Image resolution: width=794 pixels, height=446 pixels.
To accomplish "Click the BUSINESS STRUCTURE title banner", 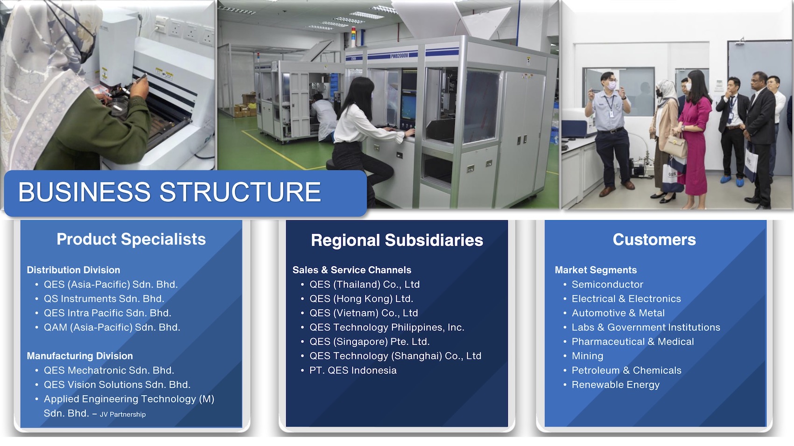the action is (185, 193).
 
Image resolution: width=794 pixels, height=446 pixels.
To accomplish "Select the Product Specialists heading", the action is (131, 239).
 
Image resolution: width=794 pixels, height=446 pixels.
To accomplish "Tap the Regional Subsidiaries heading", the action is (397, 240).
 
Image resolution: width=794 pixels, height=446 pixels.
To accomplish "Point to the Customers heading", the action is (654, 240).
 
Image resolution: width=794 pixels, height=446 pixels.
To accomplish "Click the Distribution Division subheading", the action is (73, 270).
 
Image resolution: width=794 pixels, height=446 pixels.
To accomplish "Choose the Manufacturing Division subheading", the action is (80, 356).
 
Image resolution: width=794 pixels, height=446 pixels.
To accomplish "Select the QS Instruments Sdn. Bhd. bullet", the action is (104, 299).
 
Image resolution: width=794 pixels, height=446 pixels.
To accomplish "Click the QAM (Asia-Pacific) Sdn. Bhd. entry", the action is (112, 328).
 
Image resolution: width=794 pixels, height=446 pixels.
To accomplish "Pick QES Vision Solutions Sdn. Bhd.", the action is (117, 385).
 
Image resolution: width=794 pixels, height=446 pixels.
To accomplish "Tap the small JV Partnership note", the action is (123, 414).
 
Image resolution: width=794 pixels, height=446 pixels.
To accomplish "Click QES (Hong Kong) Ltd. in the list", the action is (361, 299).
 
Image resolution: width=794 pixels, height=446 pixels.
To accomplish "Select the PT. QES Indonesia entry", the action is (353, 370).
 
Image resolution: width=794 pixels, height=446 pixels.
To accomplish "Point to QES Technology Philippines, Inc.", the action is (386, 328).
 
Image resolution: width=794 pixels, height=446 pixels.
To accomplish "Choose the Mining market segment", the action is (587, 356).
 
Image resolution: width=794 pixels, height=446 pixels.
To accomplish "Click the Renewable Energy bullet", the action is (616, 385).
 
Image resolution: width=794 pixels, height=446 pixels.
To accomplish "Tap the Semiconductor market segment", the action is (607, 285).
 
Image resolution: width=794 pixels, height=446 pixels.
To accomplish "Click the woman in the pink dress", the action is (694, 138).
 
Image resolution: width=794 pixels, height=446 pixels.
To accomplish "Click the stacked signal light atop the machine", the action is (353, 37).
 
